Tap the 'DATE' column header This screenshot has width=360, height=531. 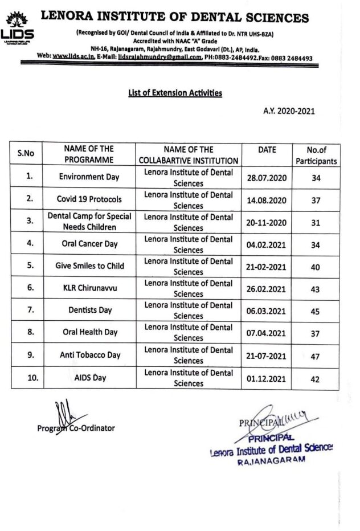pyautogui.click(x=267, y=150)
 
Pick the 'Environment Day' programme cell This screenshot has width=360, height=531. pyautogui.click(x=89, y=177)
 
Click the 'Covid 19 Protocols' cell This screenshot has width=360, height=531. pyautogui.click(x=89, y=199)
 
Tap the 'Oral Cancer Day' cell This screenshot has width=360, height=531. pyautogui.click(x=89, y=244)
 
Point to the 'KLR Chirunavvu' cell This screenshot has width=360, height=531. pyautogui.click(x=89, y=288)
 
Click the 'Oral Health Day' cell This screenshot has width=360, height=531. pyautogui.click(x=89, y=333)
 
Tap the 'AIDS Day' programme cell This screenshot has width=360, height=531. pyautogui.click(x=89, y=377)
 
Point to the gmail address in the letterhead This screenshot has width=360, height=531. pyautogui.click(x=162, y=57)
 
